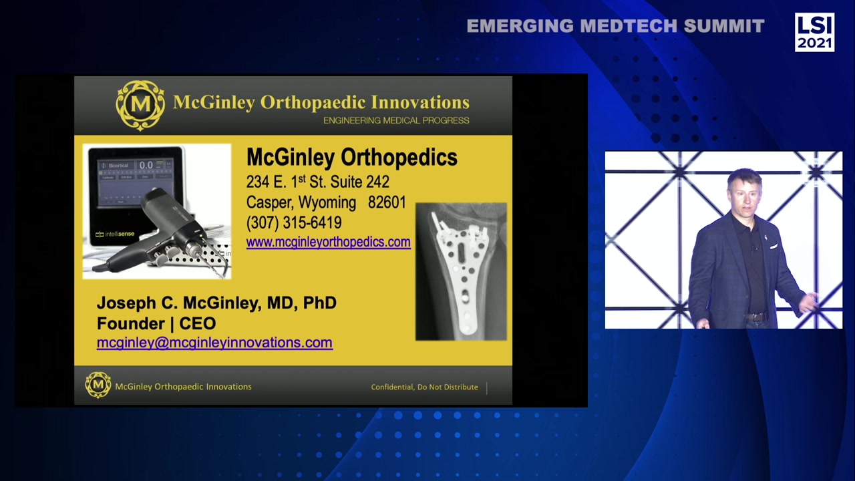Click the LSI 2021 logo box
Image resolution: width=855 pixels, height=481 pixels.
coord(814,32)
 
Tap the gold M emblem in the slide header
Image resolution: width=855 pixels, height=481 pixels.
coord(140,105)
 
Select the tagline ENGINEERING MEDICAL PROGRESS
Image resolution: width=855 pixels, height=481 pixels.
coord(396,121)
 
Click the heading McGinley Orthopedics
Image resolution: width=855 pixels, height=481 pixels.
coord(351,158)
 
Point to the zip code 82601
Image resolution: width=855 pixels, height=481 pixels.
coord(387,202)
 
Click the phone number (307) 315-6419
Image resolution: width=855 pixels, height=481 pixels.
coord(294,222)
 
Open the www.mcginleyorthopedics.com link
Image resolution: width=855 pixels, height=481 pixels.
coord(328,242)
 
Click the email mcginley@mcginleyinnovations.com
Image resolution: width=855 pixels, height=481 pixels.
coord(214,343)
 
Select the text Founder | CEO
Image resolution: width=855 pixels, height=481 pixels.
coord(156,323)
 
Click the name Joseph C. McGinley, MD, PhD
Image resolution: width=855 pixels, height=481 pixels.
coord(216,303)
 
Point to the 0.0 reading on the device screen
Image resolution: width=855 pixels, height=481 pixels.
coord(146,165)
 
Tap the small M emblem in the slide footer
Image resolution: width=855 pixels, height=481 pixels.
coord(98,385)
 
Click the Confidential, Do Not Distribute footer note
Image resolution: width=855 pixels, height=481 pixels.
coord(424,387)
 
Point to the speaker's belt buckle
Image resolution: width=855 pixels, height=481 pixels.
coord(755,317)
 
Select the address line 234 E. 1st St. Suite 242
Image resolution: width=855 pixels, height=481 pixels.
coord(317,182)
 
